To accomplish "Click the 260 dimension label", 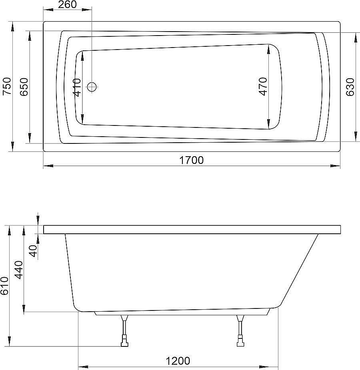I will tap(67, 6).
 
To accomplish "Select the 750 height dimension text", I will tap(7, 86).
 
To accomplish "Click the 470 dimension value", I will tap(262, 86).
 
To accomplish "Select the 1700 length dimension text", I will tap(191, 160).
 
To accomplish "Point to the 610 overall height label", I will tap(4, 286).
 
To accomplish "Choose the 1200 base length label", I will tap(178, 361).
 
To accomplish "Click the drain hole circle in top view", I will tap(92, 86).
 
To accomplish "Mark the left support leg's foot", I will tap(125, 342).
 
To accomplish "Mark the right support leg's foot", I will tap(240, 342).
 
